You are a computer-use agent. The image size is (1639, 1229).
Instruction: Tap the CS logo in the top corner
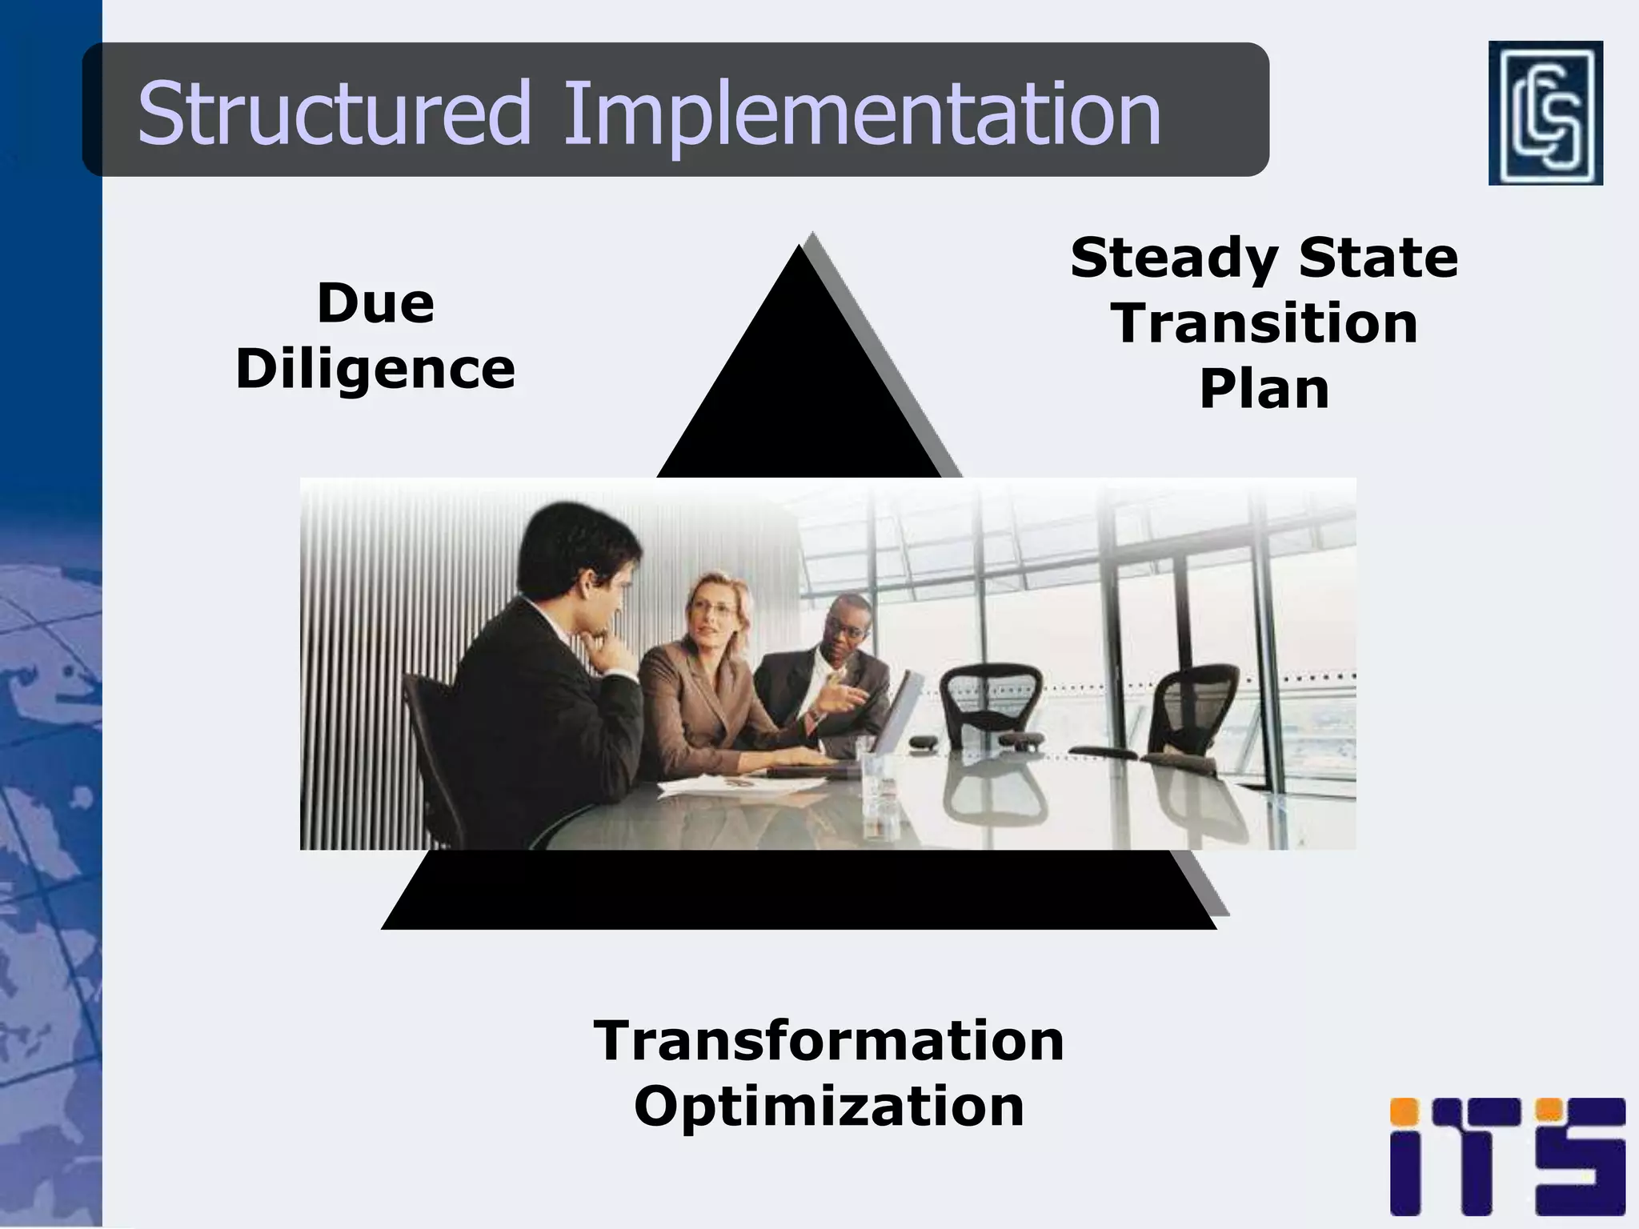pos(1545,113)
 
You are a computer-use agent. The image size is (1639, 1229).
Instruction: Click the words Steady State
pos(1264,258)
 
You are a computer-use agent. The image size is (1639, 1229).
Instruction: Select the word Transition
pos(1264,323)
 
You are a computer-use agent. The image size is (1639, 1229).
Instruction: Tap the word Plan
pos(1264,389)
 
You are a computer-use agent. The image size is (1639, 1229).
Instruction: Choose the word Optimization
pos(828,1106)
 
